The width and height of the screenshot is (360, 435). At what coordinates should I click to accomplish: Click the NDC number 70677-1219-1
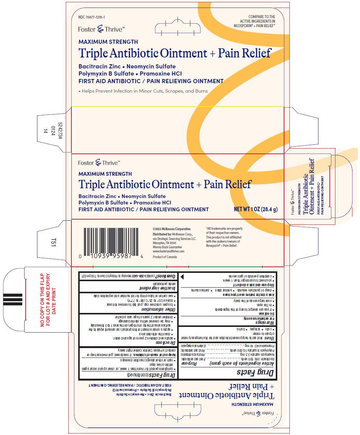[92, 18]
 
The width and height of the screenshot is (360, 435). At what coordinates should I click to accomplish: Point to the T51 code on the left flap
[48, 244]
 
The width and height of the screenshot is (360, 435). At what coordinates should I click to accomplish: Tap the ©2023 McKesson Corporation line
[172, 229]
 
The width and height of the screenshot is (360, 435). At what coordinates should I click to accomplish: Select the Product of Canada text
[165, 257]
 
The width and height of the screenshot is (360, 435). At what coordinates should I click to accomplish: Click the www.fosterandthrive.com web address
[168, 251]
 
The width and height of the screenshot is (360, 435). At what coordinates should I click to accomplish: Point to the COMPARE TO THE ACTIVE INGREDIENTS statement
[255, 21]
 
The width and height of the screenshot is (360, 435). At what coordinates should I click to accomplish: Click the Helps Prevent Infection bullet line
[143, 91]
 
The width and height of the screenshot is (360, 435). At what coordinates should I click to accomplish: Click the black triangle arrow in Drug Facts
[182, 277]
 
